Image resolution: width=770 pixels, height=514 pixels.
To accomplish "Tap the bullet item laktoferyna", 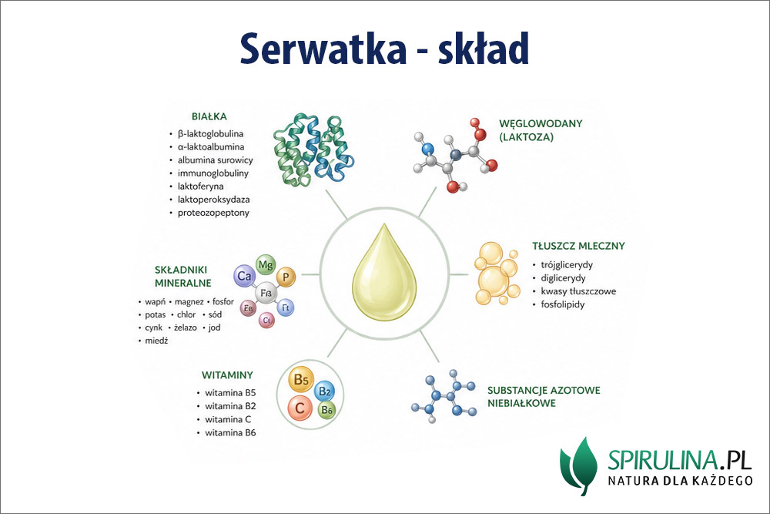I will (204, 186).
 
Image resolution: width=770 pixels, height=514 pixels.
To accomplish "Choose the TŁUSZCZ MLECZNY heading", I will (578, 247).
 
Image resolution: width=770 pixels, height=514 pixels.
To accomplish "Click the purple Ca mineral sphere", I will (246, 276).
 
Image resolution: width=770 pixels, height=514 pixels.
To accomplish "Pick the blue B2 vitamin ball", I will (324, 392).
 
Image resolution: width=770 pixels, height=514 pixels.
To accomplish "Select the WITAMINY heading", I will (228, 375).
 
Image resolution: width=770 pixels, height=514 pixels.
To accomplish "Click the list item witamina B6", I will (230, 432).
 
